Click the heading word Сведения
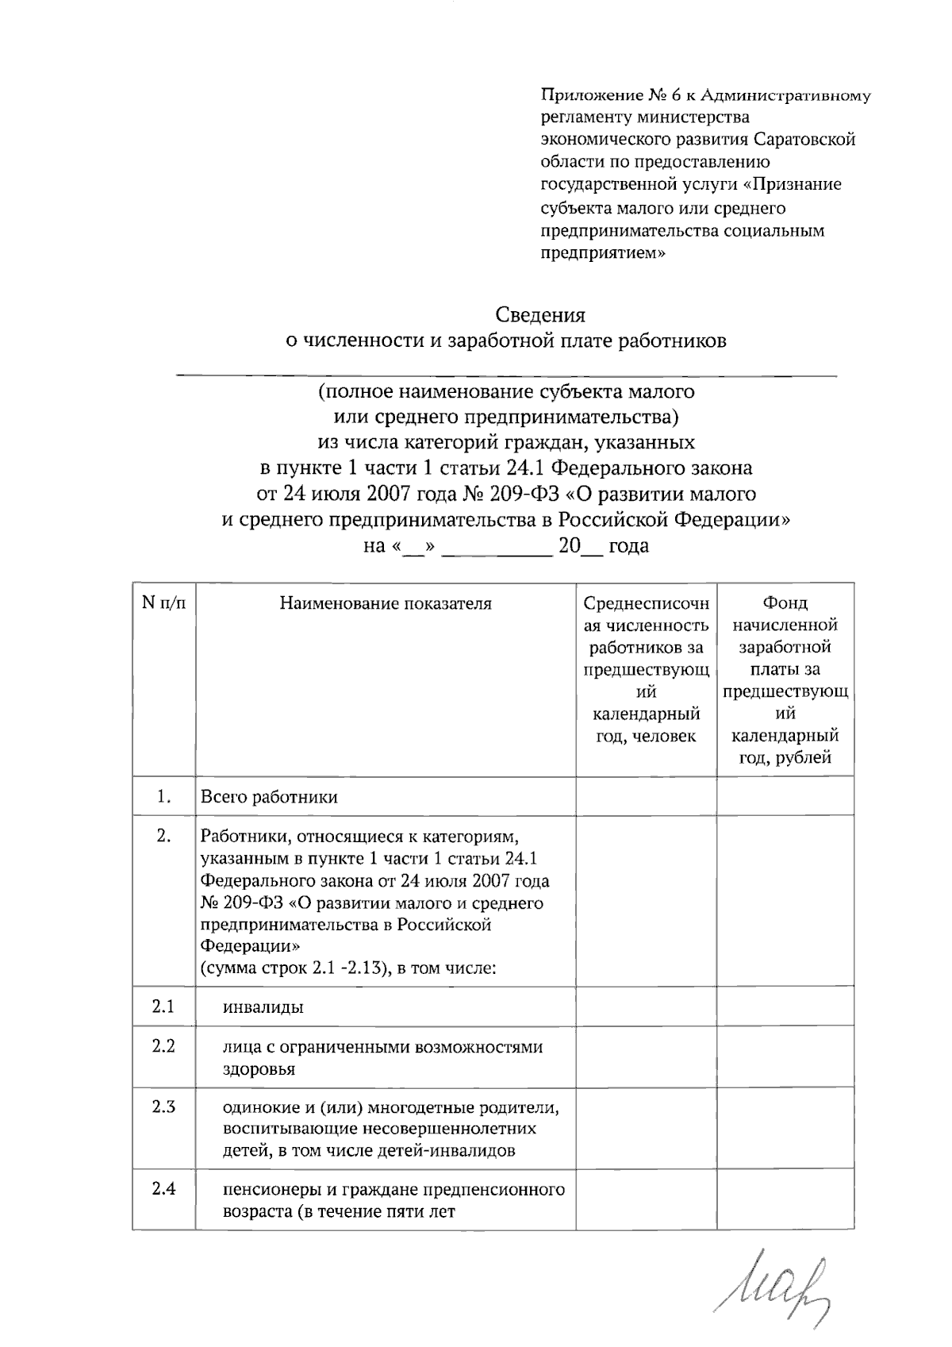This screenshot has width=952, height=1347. click(541, 316)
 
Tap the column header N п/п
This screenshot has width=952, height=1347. click(164, 603)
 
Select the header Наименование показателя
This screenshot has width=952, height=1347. click(386, 604)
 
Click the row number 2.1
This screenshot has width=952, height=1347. click(164, 1006)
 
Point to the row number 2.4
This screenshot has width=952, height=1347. click(164, 1189)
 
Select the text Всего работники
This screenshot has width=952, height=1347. click(270, 797)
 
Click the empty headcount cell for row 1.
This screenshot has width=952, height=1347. click(647, 796)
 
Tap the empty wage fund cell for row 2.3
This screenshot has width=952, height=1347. click(785, 1128)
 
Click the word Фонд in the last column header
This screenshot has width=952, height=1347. click(785, 603)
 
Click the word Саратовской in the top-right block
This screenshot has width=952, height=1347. click(804, 140)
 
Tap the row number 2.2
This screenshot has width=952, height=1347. click(164, 1046)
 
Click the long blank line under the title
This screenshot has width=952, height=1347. click(506, 374)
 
